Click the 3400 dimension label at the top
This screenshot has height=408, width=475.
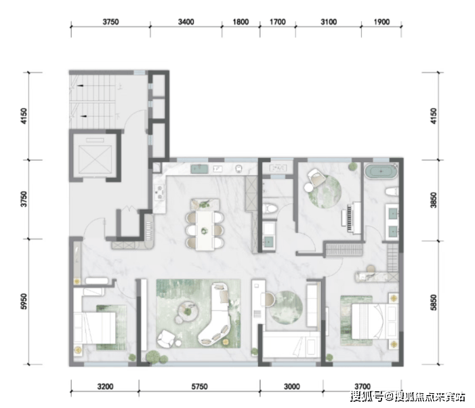pyautogui.click(x=186, y=22)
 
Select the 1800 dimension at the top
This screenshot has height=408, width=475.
pyautogui.click(x=241, y=22)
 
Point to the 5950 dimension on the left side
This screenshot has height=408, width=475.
pyautogui.click(x=24, y=302)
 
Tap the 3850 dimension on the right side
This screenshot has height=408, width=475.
pyautogui.click(x=434, y=200)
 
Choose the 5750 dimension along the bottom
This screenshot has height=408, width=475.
pyautogui.click(x=199, y=386)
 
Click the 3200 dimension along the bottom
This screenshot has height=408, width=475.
pyautogui.click(x=105, y=386)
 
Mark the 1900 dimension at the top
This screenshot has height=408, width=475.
pyautogui.click(x=381, y=22)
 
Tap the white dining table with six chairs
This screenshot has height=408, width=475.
pyautogui.click(x=205, y=230)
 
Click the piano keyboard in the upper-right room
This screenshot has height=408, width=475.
pyautogui.click(x=352, y=218)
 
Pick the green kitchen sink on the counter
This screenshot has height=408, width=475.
pyautogui.click(x=199, y=169)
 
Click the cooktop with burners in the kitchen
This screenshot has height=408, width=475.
pyautogui.click(x=159, y=192)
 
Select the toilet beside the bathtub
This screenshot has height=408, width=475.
pyautogui.click(x=392, y=192)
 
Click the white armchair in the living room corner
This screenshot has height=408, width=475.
pyautogui.click(x=165, y=339)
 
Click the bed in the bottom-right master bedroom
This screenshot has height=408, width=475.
pyautogui.click(x=375, y=321)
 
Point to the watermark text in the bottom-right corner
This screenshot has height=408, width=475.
pyautogui.click(x=407, y=396)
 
